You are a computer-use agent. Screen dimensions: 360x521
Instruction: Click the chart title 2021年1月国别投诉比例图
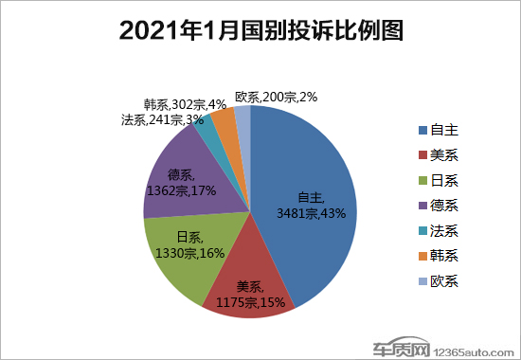(260, 31)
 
